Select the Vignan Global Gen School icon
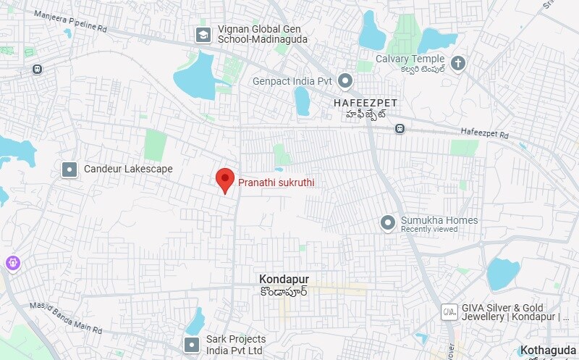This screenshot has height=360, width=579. point(203,33)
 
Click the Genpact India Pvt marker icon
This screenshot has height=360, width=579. point(345,81)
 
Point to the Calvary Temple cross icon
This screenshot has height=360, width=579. point(457,64)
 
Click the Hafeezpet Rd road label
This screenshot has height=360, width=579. point(485,132)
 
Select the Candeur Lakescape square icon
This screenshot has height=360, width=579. point(69,169)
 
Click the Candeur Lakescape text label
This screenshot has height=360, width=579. point(128,169)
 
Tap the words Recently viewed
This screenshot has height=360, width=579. point(429,230)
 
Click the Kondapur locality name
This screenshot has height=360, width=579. point(284,279)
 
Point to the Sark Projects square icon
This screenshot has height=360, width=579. point(192,345)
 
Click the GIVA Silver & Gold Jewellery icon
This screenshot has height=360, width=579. point(449,311)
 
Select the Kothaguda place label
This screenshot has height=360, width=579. point(549,349)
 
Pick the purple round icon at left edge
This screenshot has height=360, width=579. point(12,263)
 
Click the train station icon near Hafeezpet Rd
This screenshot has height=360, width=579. point(400,129)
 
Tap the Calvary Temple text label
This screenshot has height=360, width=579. point(410,59)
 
